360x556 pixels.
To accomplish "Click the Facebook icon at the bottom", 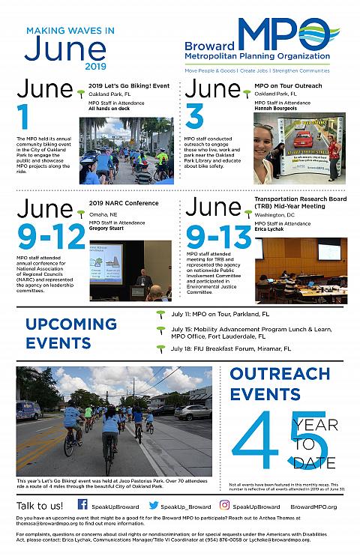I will click(x=82, y=505).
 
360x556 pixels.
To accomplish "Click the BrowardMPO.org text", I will click(x=313, y=507).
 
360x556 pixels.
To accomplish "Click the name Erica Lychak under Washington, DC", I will click(x=271, y=229).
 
